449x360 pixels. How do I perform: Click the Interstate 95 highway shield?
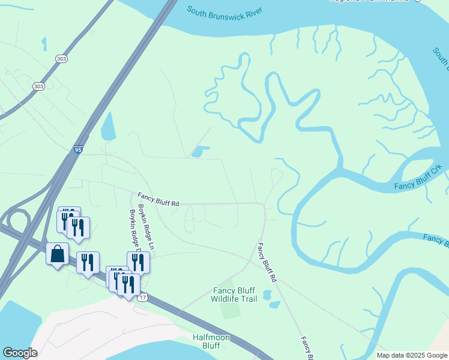(x=79, y=150)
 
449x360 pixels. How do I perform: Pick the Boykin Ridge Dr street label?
(x=134, y=231)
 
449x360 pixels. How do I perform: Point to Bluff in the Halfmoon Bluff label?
(x=211, y=346)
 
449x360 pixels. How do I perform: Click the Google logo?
(x=20, y=353)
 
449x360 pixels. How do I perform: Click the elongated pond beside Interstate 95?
(x=108, y=127)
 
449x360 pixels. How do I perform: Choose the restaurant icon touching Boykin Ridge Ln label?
(x=138, y=262)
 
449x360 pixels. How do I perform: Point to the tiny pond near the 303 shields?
(x=44, y=43)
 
